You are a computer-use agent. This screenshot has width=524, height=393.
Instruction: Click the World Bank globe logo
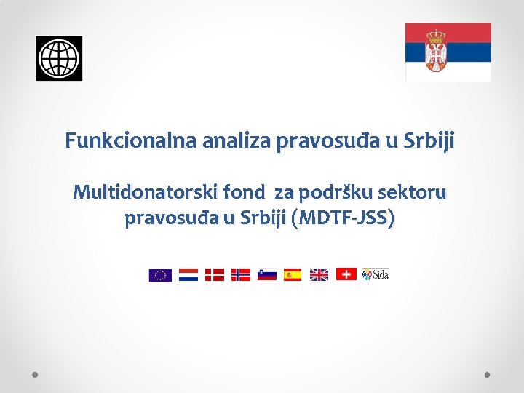(59, 58)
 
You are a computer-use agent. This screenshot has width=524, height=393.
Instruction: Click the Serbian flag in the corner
(448, 52)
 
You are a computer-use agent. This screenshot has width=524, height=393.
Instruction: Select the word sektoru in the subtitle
(417, 193)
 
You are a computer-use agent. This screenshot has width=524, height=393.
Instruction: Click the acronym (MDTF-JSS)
(343, 218)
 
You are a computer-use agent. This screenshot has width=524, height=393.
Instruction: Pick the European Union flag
(160, 274)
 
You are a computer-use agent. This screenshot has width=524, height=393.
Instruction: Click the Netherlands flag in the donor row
(188, 274)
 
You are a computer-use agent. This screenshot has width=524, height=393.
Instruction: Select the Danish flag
(214, 274)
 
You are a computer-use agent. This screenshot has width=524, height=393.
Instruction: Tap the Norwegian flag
(240, 274)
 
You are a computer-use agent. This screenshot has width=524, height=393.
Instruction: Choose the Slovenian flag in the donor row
(266, 274)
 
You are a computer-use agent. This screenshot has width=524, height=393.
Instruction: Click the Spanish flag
(293, 274)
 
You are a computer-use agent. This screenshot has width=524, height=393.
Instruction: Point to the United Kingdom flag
(319, 274)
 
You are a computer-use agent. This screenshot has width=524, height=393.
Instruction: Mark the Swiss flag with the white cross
(346, 274)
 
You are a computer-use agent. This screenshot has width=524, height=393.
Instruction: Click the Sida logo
(376, 274)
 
